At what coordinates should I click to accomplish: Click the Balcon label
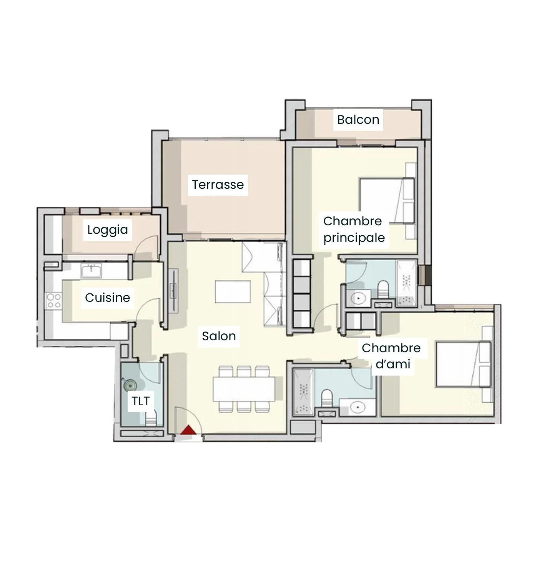(x=358, y=120)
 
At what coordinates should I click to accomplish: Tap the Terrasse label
(x=218, y=185)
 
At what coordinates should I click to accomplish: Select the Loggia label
(x=107, y=230)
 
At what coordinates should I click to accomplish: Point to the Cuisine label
(x=107, y=298)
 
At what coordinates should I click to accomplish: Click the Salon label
(x=219, y=336)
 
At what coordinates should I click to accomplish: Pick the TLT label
(x=140, y=401)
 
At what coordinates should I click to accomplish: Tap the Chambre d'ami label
(x=391, y=356)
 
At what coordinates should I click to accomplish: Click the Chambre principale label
(x=354, y=230)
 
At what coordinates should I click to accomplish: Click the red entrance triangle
(x=189, y=430)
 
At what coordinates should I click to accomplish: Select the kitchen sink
(x=91, y=270)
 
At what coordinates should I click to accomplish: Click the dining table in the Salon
(x=244, y=389)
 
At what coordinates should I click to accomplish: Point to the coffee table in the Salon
(x=233, y=291)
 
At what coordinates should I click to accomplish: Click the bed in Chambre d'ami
(x=463, y=364)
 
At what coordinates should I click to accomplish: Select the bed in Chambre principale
(x=387, y=201)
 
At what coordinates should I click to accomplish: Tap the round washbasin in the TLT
(x=130, y=386)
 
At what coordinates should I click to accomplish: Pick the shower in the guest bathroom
(x=304, y=393)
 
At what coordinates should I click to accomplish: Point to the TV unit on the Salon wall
(x=173, y=291)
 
